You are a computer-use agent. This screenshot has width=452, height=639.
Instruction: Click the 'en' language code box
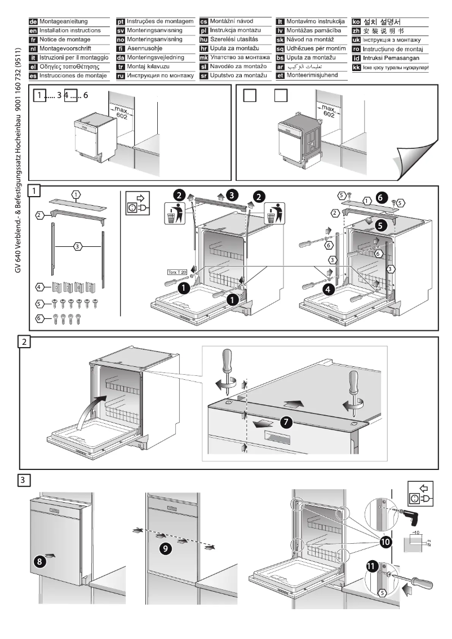point(33,30)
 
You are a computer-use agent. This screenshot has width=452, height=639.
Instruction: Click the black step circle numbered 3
point(232,195)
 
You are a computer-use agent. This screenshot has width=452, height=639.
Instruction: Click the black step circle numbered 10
point(385,542)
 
